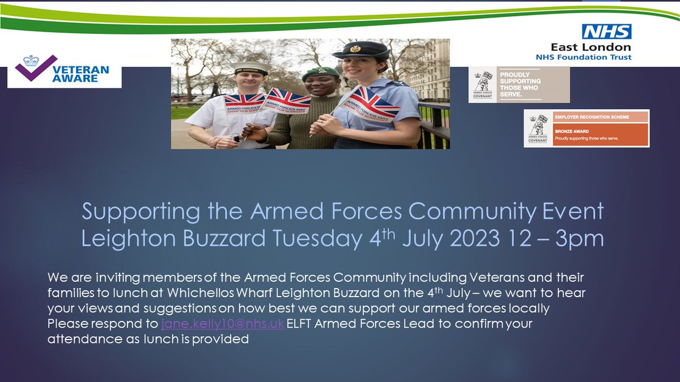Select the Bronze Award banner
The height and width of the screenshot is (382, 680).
(586, 128)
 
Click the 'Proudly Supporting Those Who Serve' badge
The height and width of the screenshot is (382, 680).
(518, 84)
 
